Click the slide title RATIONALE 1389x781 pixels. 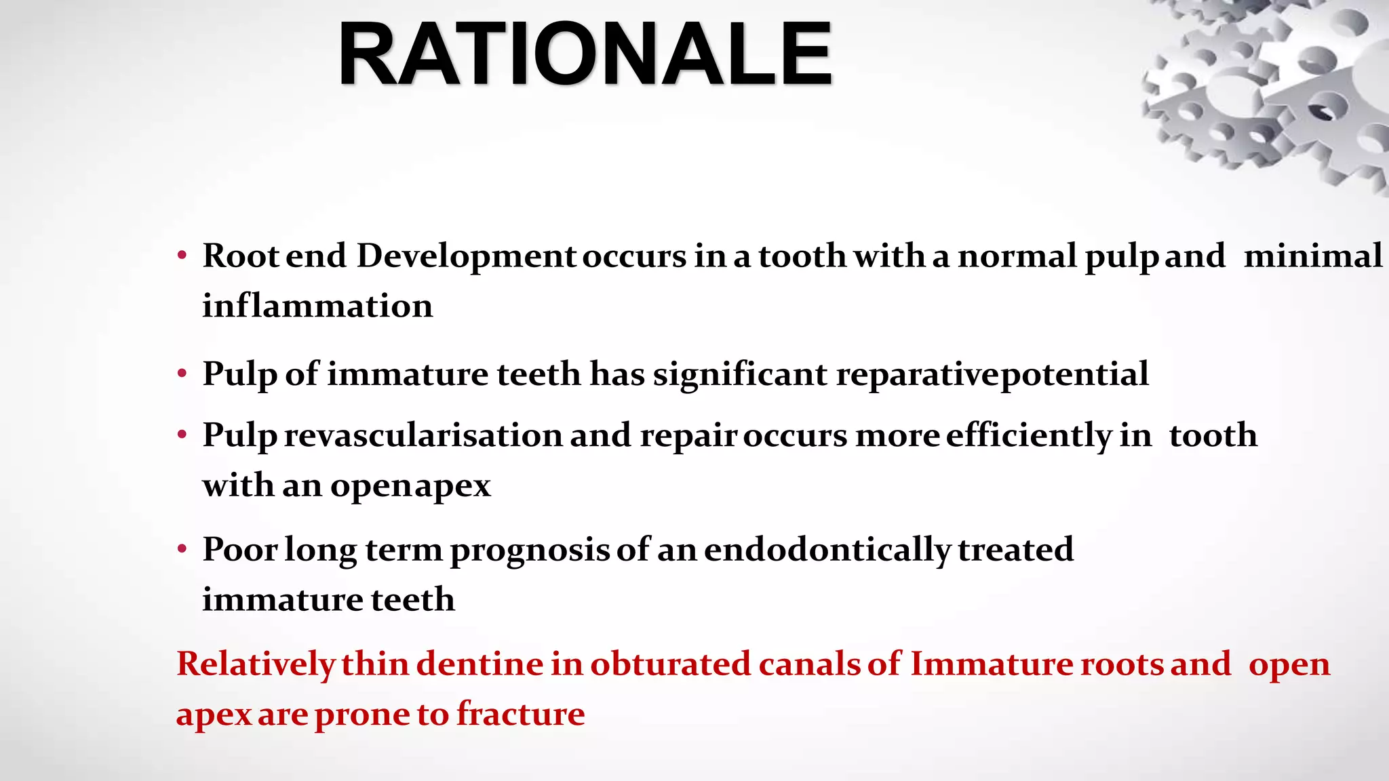tap(585, 54)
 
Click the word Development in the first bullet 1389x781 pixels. tap(466, 256)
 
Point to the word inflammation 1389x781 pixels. tap(317, 306)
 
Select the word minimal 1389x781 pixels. tap(1312, 256)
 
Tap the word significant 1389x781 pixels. tap(740, 374)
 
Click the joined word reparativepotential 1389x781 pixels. tap(992, 374)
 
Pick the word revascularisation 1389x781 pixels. tap(423, 435)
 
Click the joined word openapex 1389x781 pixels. tap(410, 485)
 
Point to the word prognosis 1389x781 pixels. tap(530, 549)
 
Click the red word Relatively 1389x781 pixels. tap(256, 664)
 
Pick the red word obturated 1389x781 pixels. tap(670, 664)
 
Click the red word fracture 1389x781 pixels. tap(520, 714)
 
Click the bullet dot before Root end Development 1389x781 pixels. tap(182, 257)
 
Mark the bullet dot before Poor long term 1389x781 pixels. tap(182, 550)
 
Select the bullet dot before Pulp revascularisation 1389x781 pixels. tap(182, 436)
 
